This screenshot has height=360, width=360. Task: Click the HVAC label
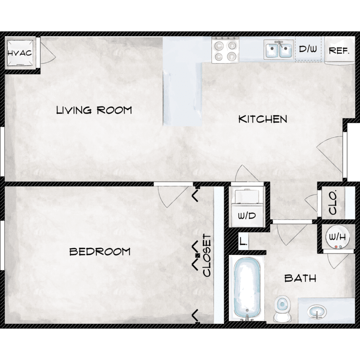(x=20, y=53)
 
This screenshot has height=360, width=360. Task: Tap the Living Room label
(x=94, y=110)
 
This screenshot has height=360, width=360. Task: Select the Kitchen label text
(x=263, y=119)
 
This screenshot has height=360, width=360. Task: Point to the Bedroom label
(x=100, y=252)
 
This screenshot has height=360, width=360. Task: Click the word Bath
(x=300, y=278)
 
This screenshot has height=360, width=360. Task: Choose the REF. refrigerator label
(x=339, y=50)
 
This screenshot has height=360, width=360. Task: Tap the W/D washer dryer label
(x=247, y=216)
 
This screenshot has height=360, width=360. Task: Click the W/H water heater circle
(x=337, y=237)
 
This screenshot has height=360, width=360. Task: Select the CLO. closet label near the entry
(x=333, y=202)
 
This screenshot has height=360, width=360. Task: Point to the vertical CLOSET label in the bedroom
(x=207, y=255)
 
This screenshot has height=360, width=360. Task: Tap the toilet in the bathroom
(x=282, y=308)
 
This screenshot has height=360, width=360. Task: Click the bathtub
(x=247, y=288)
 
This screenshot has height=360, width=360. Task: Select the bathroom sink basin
(x=317, y=312)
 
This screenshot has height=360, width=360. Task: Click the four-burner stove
(x=225, y=50)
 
